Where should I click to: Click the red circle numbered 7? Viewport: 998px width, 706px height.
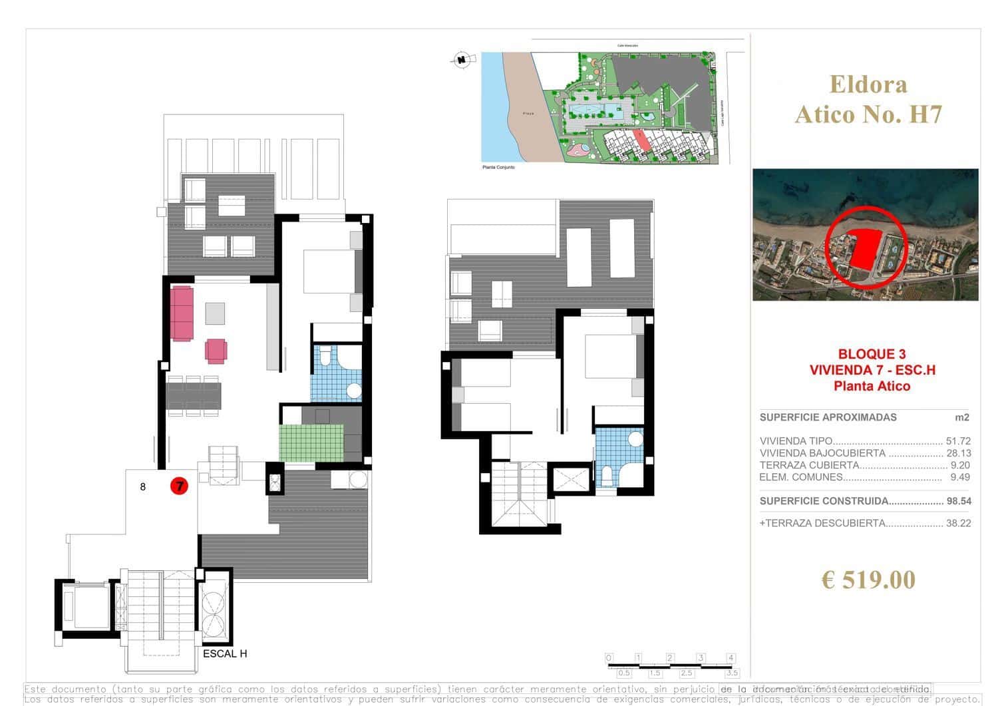(179, 486)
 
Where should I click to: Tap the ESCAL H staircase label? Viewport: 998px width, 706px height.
(225, 653)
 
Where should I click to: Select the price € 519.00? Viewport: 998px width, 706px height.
(868, 580)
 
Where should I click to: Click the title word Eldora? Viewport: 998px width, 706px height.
(868, 85)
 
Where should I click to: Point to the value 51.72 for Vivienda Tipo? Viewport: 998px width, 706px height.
(958, 441)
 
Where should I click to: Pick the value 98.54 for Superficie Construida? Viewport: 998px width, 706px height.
(958, 501)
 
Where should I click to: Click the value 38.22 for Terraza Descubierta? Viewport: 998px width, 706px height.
(958, 523)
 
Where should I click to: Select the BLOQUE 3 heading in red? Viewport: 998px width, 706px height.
(872, 355)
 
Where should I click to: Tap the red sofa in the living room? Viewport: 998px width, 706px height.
(182, 313)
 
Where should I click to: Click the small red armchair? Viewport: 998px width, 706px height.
(216, 351)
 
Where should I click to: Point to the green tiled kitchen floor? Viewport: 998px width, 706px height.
(311, 442)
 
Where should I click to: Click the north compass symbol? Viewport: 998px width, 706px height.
(460, 60)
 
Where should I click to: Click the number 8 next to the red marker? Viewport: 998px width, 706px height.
(143, 486)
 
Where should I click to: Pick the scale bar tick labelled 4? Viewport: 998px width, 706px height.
(731, 658)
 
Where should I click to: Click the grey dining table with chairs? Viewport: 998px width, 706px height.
(194, 395)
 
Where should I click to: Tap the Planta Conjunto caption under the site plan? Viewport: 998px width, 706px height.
(498, 167)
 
